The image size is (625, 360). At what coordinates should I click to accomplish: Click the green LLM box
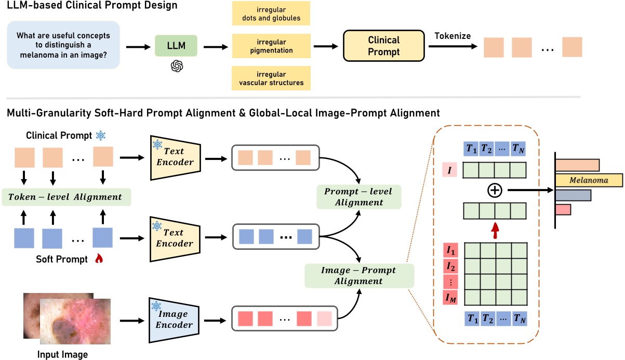coord(176,46)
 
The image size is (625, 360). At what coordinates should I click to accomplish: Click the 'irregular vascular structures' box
coord(271,78)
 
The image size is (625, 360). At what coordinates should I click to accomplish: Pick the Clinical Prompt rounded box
coord(383,46)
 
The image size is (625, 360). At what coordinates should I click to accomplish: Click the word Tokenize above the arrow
coord(453,35)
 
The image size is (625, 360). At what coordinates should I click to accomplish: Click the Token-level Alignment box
coord(67,197)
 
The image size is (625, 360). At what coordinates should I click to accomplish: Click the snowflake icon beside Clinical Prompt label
coord(100,136)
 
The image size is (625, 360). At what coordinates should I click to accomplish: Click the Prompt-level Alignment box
coord(358,197)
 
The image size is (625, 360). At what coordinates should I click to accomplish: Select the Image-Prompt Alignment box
coord(358,275)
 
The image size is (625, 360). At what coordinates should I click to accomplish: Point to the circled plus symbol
coord(494,191)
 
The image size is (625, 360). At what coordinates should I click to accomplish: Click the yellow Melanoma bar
coord(588,180)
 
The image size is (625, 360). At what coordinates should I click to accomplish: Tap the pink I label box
coord(449,169)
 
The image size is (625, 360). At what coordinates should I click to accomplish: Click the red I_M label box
coord(450,297)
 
